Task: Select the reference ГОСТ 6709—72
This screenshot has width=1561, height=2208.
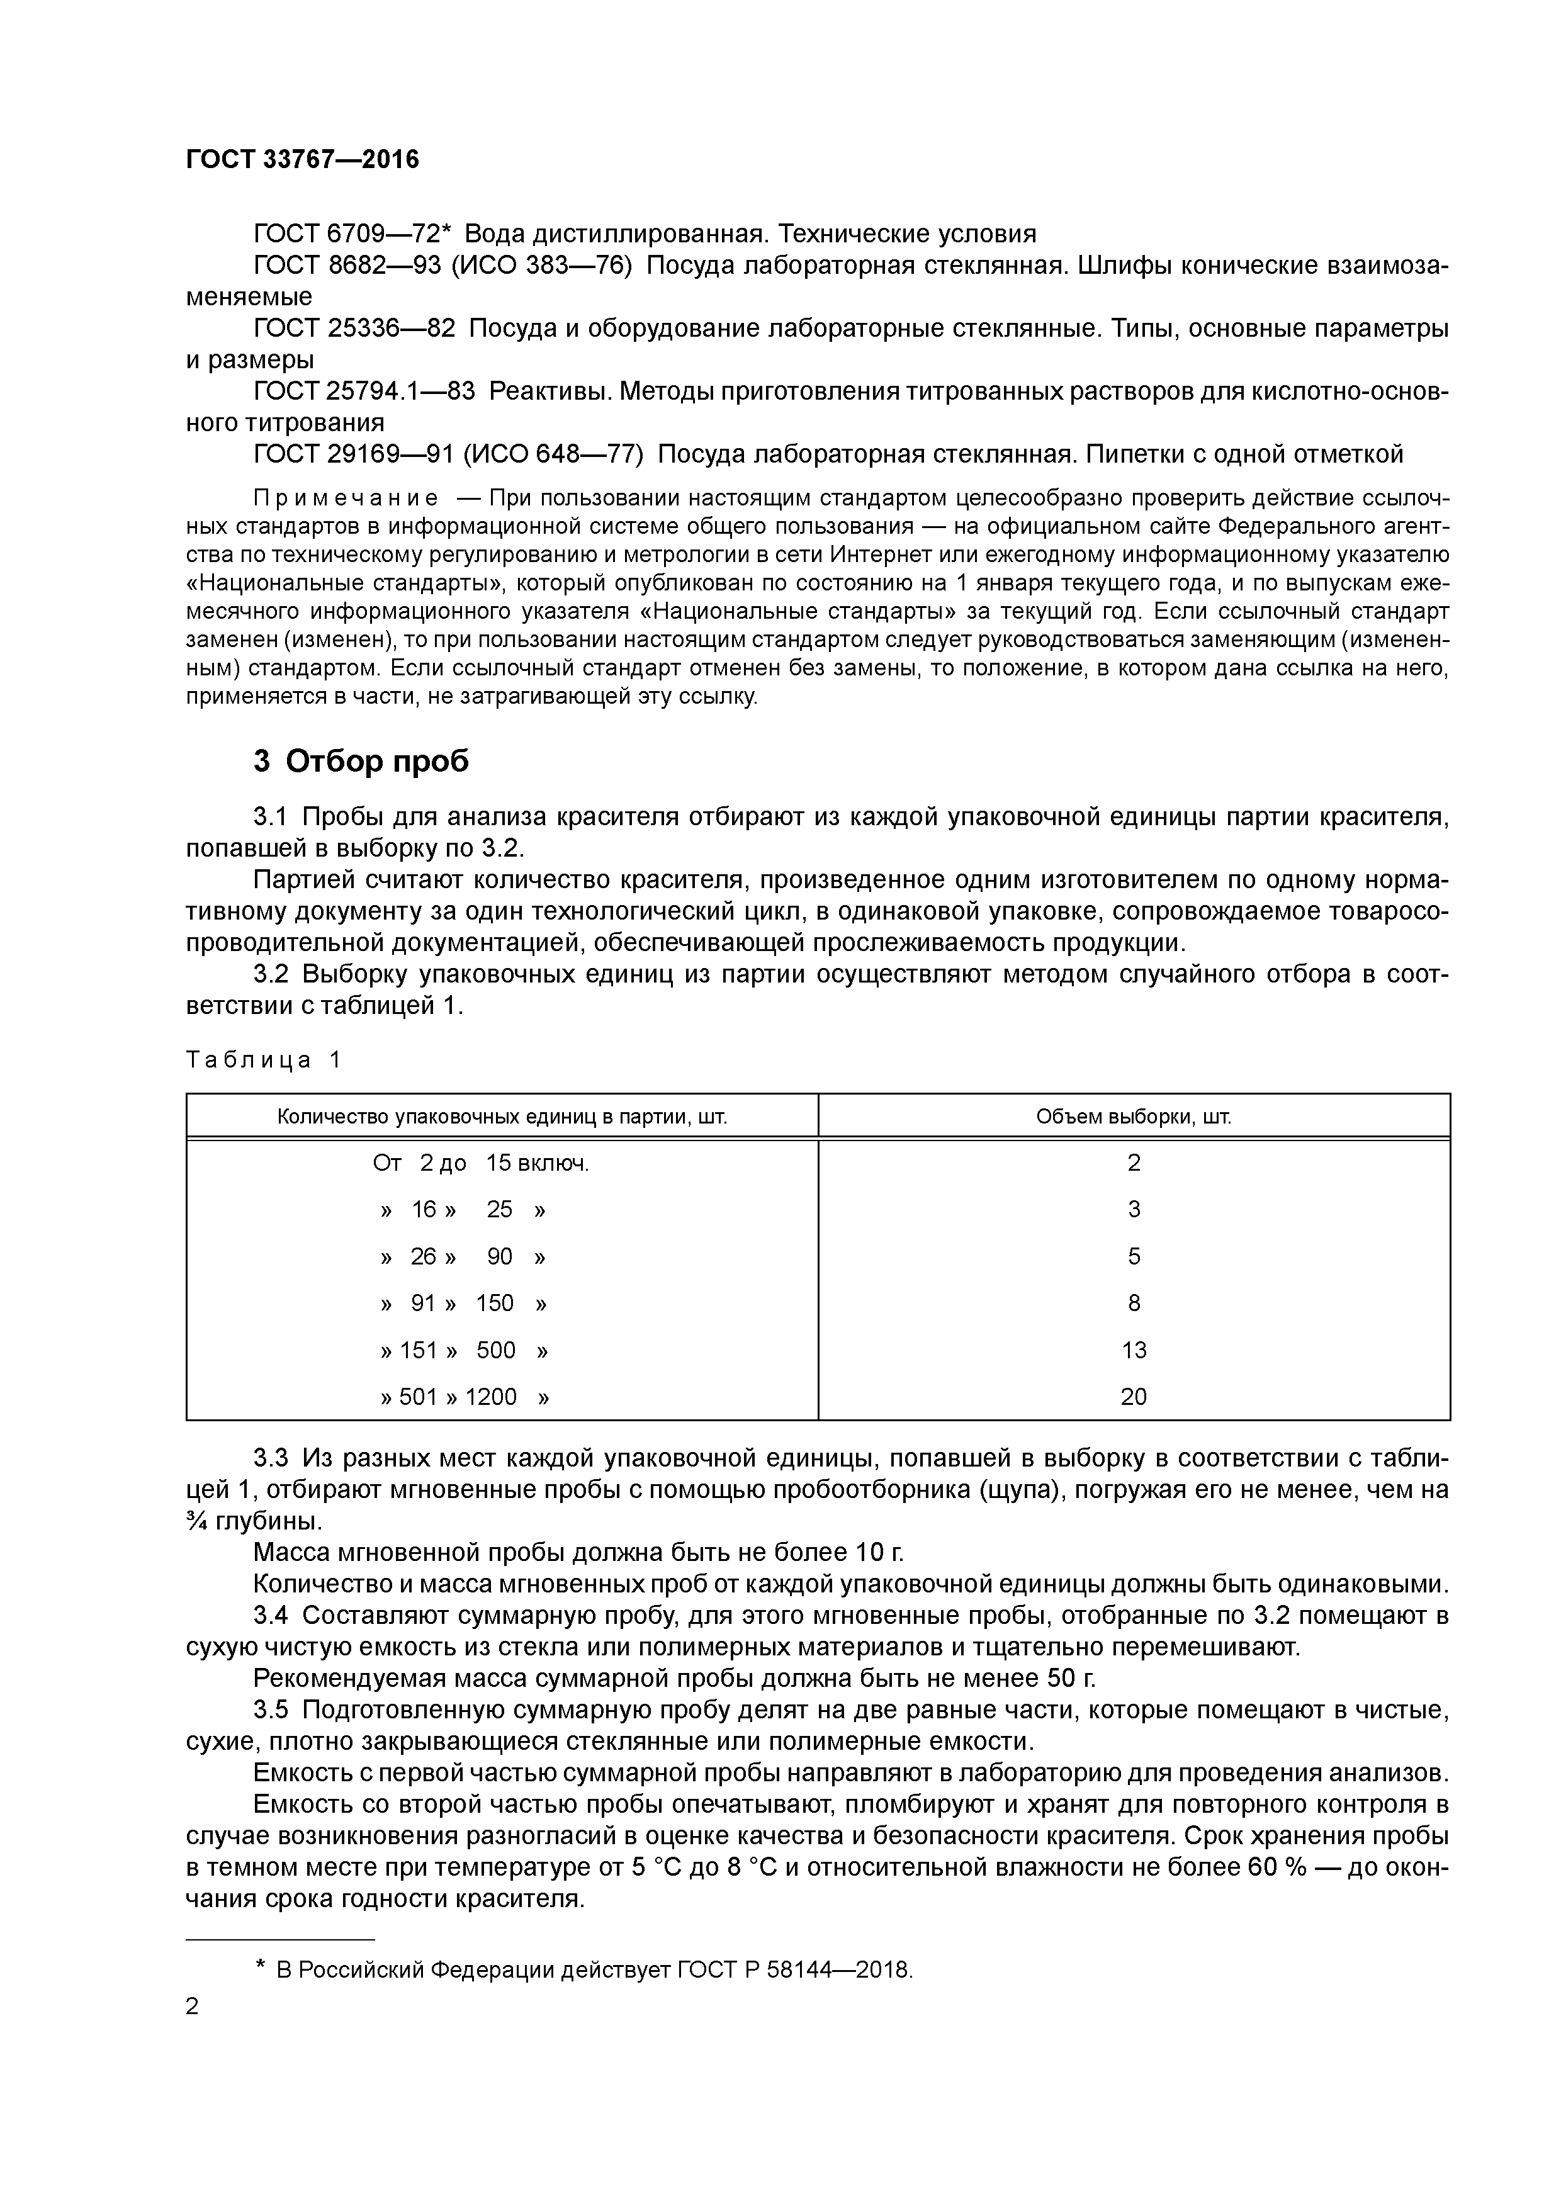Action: (346, 234)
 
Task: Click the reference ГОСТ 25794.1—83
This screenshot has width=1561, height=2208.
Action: (364, 391)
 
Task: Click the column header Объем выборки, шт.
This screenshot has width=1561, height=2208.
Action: (1133, 1117)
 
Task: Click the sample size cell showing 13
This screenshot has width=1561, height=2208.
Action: (1133, 1350)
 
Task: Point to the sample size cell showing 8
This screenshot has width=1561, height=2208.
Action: (1133, 1303)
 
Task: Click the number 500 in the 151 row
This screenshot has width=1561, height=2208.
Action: (495, 1350)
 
